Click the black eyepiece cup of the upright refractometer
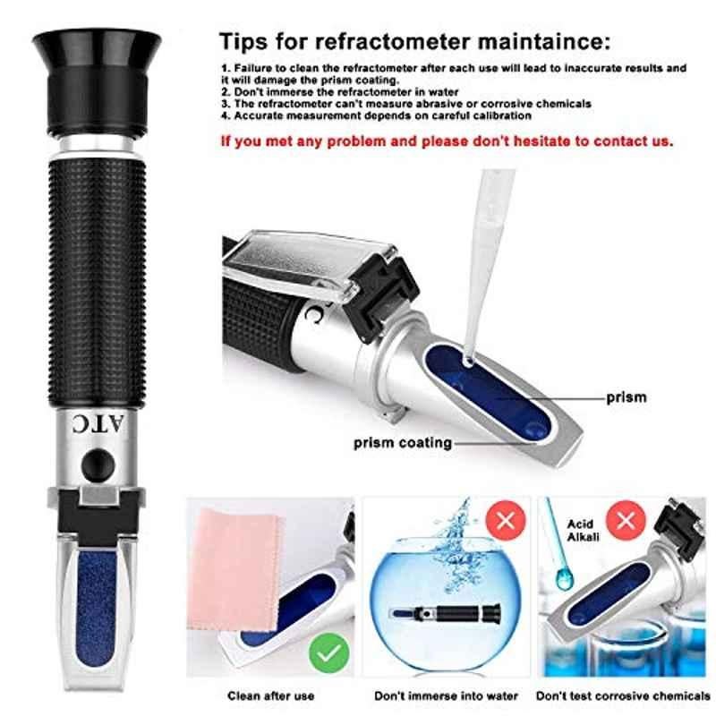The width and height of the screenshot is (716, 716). click(97, 82)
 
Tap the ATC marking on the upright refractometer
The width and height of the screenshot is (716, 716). click(98, 424)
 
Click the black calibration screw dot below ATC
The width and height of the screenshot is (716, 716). click(98, 465)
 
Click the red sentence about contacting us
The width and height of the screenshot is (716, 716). click(447, 141)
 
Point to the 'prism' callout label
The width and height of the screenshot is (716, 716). click(626, 397)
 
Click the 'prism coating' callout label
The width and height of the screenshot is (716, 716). click(403, 443)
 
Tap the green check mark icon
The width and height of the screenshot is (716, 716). click(328, 653)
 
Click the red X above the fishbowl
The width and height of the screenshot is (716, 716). click(506, 520)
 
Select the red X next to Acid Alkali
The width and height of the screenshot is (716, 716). click(626, 520)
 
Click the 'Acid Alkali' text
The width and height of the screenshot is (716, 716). click(584, 530)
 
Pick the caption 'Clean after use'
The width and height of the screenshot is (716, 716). click(271, 696)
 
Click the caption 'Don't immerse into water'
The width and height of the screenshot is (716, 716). click(446, 696)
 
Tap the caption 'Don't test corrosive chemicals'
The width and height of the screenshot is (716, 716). click(623, 696)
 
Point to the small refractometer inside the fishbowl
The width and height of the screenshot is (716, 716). click(445, 613)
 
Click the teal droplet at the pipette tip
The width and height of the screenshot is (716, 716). click(565, 579)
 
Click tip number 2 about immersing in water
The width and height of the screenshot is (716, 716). click(340, 92)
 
